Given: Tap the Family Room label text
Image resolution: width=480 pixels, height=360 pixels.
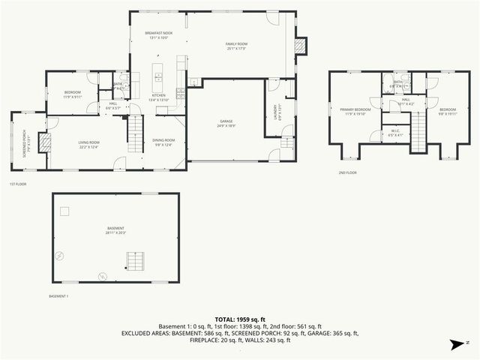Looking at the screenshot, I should tap(237, 44).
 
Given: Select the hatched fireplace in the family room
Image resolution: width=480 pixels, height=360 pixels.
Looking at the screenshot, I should tap(301, 46).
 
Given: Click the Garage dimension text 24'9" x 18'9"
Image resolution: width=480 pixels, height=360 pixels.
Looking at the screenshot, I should tap(226, 125).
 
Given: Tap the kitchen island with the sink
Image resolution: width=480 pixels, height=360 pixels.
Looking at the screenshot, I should tap(158, 73).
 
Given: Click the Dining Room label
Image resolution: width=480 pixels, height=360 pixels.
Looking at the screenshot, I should tap(164, 140).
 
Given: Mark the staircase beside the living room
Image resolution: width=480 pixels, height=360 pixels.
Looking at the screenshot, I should tap(135, 135).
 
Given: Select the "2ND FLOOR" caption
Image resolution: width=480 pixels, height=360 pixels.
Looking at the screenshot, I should tap(346, 172).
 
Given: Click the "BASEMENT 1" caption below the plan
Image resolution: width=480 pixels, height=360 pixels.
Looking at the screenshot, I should tap(58, 296).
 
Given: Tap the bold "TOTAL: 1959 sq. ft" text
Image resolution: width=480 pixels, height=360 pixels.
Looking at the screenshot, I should tap(240, 319).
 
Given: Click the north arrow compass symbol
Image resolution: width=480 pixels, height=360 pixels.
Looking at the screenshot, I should tap(455, 343).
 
